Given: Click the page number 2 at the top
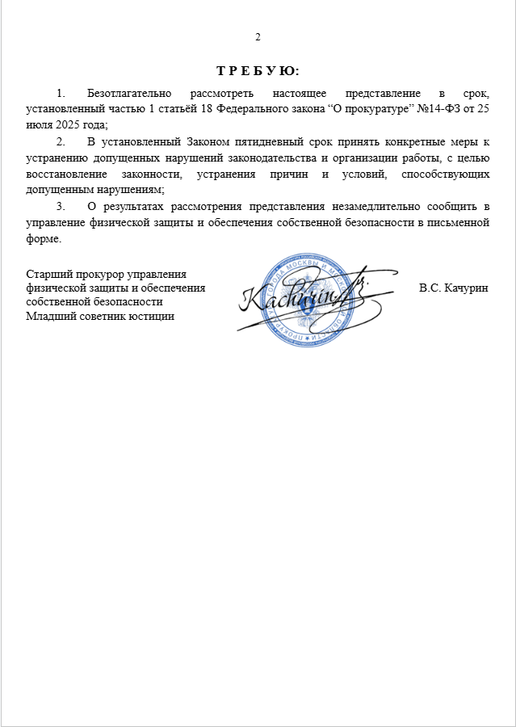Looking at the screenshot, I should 258,37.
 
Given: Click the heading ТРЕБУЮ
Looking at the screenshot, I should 258,70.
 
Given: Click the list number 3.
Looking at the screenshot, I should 61,207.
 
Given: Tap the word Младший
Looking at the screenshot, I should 50,316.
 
